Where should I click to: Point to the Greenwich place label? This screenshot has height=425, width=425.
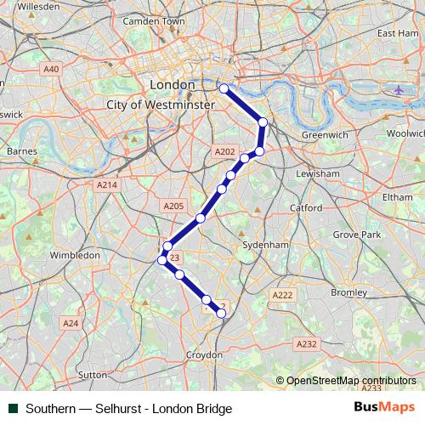pos(324,134)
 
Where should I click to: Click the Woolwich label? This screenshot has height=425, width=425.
pos(405,133)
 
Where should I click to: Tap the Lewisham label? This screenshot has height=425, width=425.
pos(318,173)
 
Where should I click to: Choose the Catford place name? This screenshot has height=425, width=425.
pos(306,207)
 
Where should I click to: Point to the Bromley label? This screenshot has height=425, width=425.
pos(348,292)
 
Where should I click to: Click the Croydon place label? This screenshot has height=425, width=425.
pos(204,354)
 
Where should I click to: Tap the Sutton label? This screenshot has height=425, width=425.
pos(92,374)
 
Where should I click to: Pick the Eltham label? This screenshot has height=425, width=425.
pos(396,195)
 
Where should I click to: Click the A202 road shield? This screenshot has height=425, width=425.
pos(224,151)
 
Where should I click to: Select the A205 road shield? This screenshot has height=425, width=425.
pos(173,206)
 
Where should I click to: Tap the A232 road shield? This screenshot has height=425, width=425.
pos(307,343)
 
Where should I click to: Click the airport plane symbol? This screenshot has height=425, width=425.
pos(399,89)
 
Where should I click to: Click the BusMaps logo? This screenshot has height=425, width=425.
pos(384,408)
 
